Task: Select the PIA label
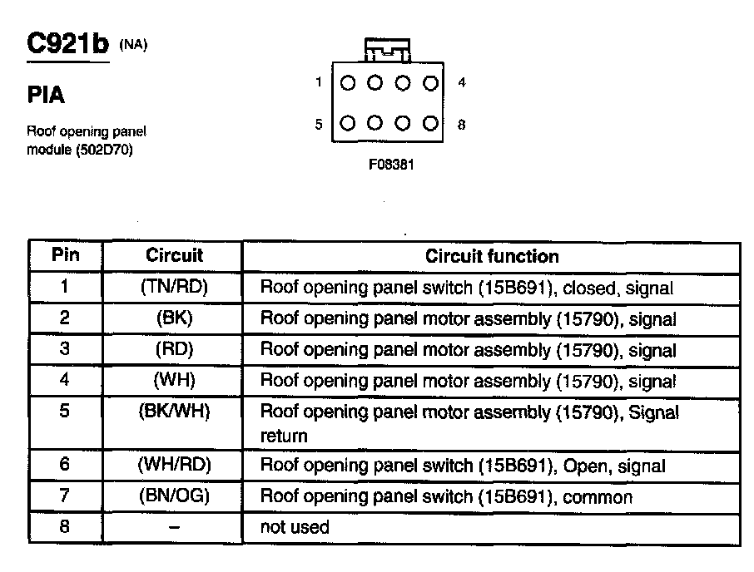click(x=46, y=96)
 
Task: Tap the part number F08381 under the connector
click(x=391, y=165)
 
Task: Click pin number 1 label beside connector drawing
click(x=319, y=82)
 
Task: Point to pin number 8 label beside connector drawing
click(x=461, y=125)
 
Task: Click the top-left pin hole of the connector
click(x=348, y=83)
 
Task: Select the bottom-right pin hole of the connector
click(x=430, y=124)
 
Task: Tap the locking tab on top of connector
click(x=388, y=49)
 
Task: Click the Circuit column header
click(x=174, y=256)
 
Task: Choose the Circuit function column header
click(x=492, y=256)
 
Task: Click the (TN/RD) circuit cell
click(x=174, y=288)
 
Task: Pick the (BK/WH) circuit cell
click(x=174, y=412)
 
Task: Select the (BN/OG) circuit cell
click(x=174, y=496)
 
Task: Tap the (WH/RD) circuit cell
click(x=174, y=466)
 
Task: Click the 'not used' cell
click(x=295, y=527)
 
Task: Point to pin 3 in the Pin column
click(x=65, y=350)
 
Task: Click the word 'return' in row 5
click(x=284, y=436)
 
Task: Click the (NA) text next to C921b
click(x=133, y=45)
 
